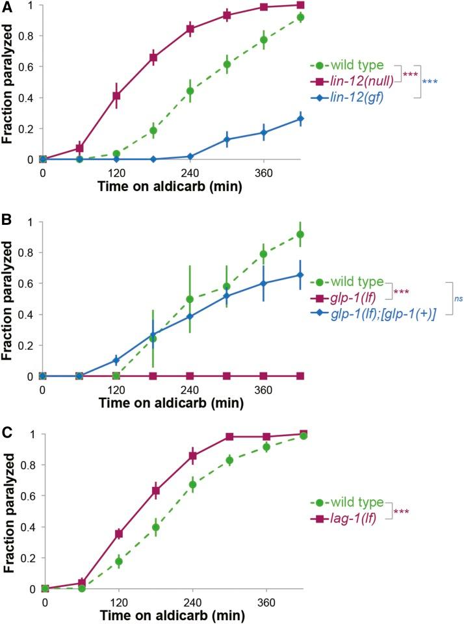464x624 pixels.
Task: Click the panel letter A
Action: tap(7, 7)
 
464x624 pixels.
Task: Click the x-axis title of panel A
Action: tap(171, 187)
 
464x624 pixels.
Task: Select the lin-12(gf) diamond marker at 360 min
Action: tap(263, 133)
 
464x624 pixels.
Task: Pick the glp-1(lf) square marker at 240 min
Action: tap(190, 376)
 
